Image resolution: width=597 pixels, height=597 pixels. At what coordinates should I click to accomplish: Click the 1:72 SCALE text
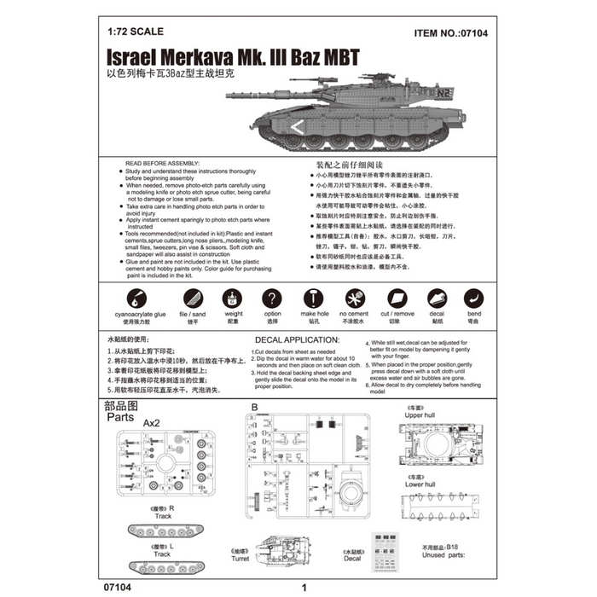133,35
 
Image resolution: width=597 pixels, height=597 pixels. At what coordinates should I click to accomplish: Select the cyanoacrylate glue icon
136,298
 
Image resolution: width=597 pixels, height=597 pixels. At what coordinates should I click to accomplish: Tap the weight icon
232,298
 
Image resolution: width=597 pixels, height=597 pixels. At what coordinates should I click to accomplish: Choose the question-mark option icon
272,298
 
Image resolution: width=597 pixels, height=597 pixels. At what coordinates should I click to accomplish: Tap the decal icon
437,298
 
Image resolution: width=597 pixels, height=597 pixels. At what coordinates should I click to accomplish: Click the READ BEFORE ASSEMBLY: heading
162,162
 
